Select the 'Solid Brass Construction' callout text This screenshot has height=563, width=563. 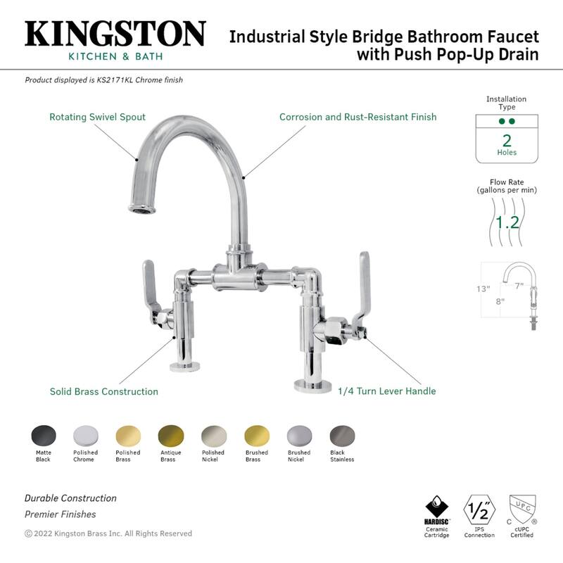103,391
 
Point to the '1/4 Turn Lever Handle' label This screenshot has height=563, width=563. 386,391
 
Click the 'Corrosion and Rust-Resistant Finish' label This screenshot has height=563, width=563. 358,117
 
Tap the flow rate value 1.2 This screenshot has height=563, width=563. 507,222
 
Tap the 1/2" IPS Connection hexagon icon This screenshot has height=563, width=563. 479,509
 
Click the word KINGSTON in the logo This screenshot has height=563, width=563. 115,34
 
